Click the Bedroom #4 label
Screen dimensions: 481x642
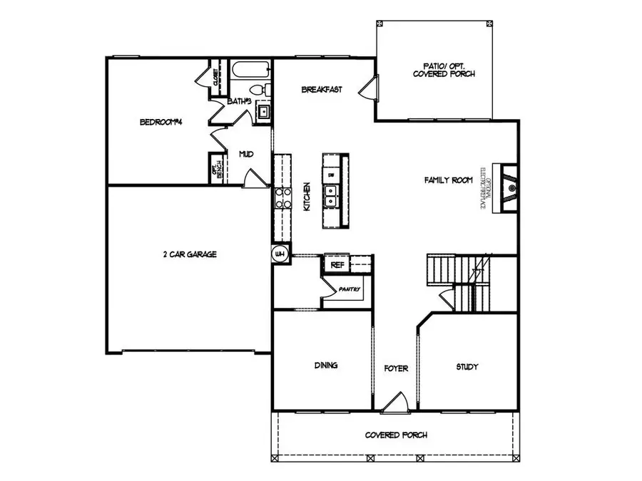pos(161,122)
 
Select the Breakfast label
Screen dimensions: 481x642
pos(322,90)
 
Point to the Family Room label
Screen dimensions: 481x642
pos(449,180)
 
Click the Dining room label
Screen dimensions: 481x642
pos(325,366)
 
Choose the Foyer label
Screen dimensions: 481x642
pos(396,368)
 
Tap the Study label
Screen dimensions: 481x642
pos(467,367)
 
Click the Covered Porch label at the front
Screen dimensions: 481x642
pos(396,435)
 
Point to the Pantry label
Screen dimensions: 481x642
pos(350,289)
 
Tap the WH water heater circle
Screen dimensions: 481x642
pos(280,254)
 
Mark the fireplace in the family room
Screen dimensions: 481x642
pos(509,188)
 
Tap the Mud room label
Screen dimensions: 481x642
pos(245,154)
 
